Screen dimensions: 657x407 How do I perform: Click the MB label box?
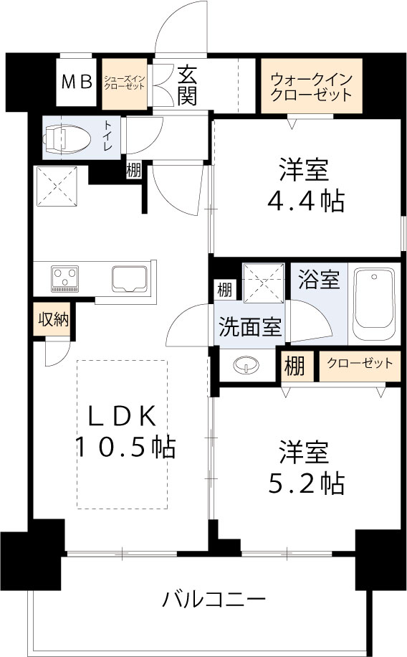point(76,82)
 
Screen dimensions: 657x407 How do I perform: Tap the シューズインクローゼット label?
point(124,82)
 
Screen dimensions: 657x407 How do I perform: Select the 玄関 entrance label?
point(187,85)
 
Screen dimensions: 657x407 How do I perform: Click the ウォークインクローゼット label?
point(311,86)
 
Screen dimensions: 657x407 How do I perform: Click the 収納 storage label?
point(53,319)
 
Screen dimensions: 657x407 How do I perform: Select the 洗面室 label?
point(249,326)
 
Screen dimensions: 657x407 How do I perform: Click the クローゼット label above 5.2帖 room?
point(360,364)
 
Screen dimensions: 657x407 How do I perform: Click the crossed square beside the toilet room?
point(57,185)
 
